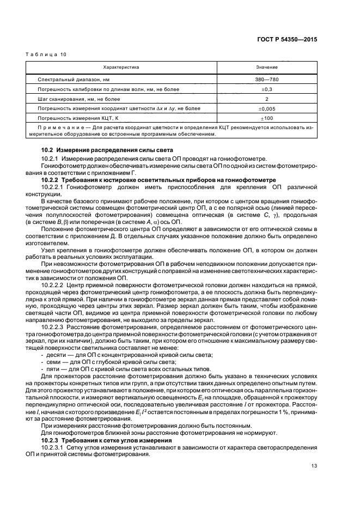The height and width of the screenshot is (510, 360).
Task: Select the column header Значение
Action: [x=266, y=67]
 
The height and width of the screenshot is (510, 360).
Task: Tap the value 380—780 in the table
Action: [x=266, y=80]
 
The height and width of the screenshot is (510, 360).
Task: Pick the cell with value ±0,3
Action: [x=266, y=89]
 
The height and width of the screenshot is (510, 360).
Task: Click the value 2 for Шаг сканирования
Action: [x=266, y=99]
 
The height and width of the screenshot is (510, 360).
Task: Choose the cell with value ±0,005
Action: [x=266, y=108]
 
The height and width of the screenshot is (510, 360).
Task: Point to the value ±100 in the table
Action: [x=266, y=118]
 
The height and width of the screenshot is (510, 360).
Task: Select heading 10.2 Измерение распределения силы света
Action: [x=107, y=149]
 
